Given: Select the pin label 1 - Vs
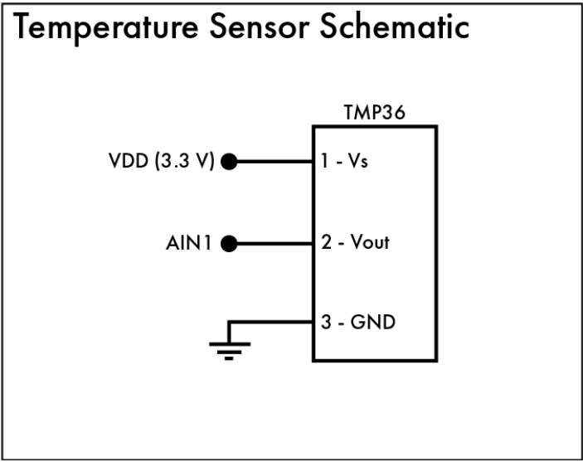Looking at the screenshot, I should point(345,162).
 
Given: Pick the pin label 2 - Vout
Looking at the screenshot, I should point(355,244).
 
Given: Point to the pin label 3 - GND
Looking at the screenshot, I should point(358,322).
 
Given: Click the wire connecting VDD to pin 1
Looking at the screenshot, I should point(274,162).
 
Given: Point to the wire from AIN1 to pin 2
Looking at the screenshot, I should point(274,244).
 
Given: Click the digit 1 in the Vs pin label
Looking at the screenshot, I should point(325,162).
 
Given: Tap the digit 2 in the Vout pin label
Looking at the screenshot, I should point(326,244).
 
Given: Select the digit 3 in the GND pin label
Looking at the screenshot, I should point(327,322).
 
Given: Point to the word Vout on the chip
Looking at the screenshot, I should point(369,244).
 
